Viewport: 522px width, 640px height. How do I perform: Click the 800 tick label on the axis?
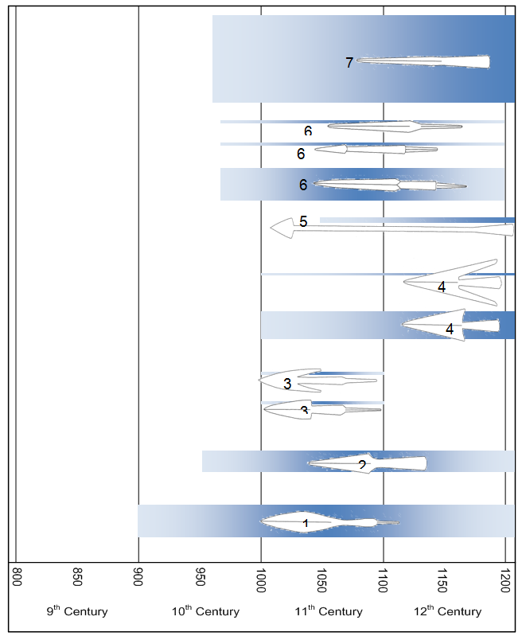(17, 576)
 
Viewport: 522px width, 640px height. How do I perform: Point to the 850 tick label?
(77, 576)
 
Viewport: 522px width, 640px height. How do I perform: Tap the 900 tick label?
(138, 576)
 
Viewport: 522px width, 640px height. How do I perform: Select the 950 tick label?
(200, 576)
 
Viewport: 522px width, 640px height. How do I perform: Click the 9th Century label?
(76, 611)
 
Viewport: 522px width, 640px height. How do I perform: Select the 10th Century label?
(205, 611)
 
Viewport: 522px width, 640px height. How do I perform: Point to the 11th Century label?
(328, 611)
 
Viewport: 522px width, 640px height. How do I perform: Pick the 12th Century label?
(447, 611)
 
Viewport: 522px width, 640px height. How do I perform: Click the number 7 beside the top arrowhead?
(349, 63)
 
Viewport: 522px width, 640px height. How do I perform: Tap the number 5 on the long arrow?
(303, 221)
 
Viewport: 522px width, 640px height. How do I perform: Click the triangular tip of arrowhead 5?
(280, 227)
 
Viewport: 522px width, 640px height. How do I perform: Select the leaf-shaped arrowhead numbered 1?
(318, 522)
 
